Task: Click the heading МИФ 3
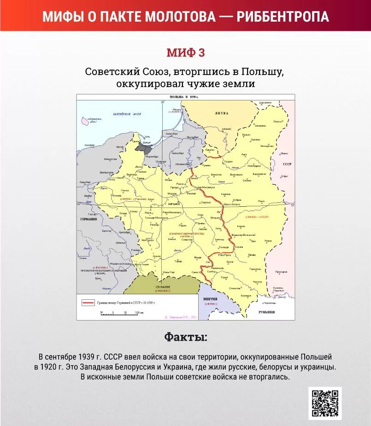(185, 53)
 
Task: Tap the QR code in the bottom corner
(325, 403)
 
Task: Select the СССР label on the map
(287, 164)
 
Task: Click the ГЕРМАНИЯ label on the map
(88, 219)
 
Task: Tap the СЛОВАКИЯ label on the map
(163, 286)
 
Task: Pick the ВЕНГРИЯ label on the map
(211, 299)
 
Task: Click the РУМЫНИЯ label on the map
(266, 312)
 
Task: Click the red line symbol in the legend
(88, 303)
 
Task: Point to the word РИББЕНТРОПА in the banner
(283, 17)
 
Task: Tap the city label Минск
(284, 153)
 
